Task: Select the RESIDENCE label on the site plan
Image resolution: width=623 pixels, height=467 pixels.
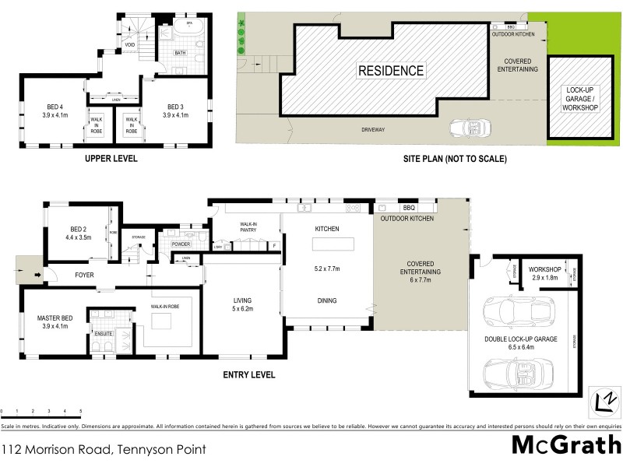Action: click(x=391, y=71)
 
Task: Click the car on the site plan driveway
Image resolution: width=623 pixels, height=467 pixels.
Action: click(x=469, y=128)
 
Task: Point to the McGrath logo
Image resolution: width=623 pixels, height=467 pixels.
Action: click(x=566, y=444)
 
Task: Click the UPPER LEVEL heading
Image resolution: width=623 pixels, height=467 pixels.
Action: click(x=111, y=159)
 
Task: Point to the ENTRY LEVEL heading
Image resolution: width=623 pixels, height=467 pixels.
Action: click(x=249, y=375)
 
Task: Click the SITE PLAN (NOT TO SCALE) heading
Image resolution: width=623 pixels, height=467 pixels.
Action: click(x=455, y=159)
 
